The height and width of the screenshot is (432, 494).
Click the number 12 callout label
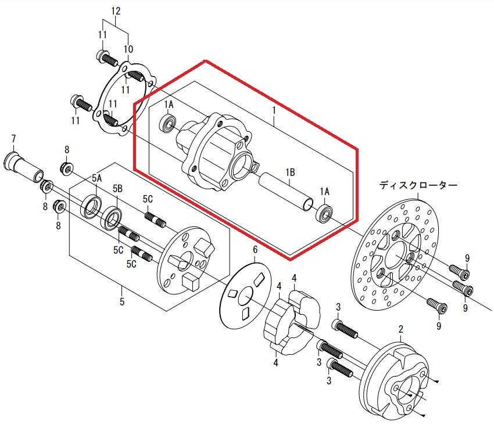116,11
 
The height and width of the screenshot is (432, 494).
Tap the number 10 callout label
128,49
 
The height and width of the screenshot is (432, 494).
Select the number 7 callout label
13,139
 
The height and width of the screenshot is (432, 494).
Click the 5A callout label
96,178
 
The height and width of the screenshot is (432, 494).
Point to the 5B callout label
117,188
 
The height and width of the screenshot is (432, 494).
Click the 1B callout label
290,172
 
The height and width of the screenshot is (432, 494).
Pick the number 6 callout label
255,250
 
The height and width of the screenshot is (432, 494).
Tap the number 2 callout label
401,329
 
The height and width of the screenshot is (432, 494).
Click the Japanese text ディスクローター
418,185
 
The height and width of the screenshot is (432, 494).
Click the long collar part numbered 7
24,167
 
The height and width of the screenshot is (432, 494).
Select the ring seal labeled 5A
91,206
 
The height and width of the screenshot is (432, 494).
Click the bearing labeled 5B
111,217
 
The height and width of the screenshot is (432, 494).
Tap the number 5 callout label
122,301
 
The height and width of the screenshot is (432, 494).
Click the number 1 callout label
274,110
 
